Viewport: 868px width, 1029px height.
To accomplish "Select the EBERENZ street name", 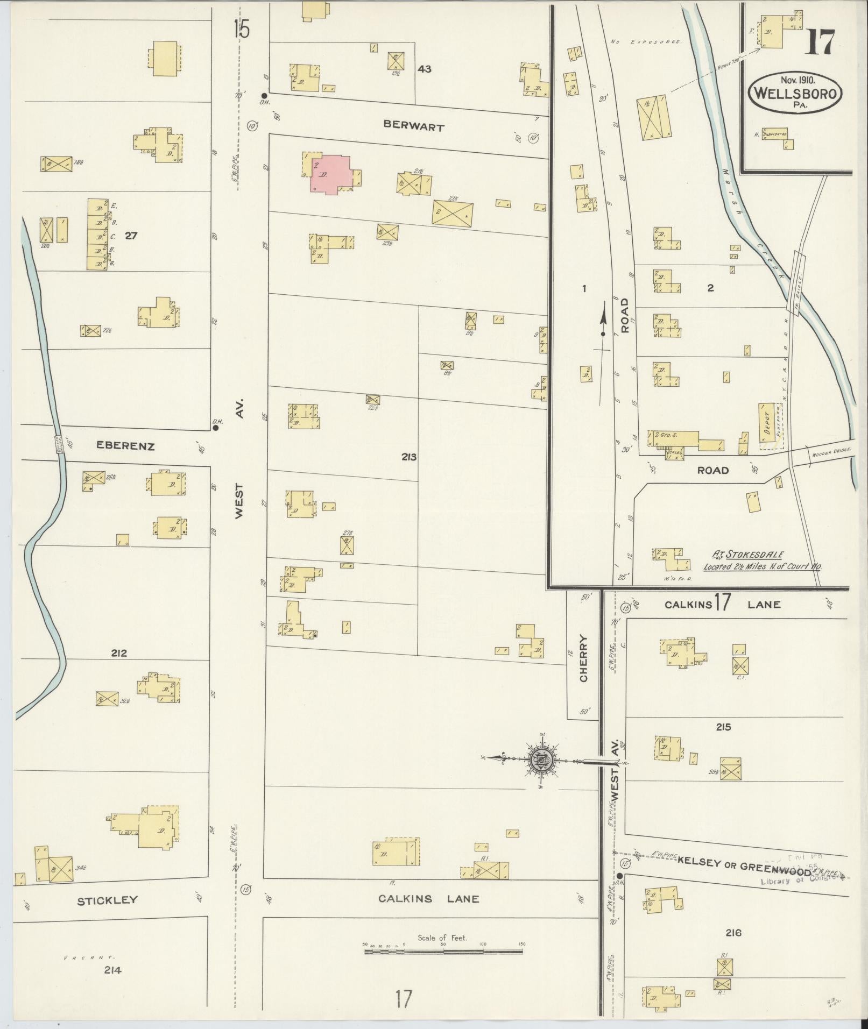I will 125,446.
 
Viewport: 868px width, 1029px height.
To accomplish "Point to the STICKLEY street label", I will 108,900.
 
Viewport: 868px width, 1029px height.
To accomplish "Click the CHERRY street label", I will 584,658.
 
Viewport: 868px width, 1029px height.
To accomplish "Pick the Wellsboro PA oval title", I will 795,93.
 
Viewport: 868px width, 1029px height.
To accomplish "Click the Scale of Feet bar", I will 443,952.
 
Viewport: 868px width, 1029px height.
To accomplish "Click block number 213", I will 409,457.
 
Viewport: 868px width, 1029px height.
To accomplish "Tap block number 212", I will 119,653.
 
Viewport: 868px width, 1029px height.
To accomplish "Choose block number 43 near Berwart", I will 425,69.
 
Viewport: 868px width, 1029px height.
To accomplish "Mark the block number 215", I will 723,727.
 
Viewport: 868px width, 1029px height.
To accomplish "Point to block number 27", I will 131,235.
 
